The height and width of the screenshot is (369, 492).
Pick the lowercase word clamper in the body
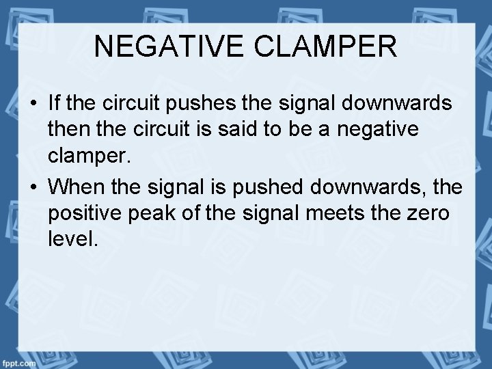click(x=87, y=158)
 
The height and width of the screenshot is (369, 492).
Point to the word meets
click(x=331, y=212)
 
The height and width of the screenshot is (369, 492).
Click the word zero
click(x=425, y=212)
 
